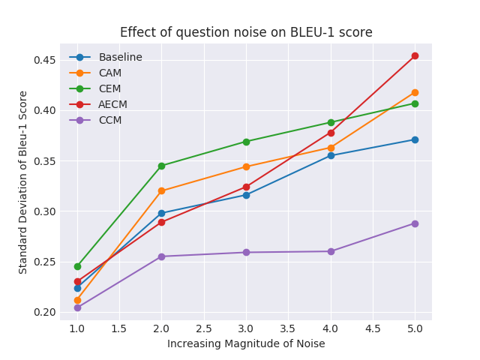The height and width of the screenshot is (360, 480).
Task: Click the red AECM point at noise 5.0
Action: point(415,55)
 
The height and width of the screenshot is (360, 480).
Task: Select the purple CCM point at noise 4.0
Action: point(331,251)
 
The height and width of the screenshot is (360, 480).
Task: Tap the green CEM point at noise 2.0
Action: point(162,166)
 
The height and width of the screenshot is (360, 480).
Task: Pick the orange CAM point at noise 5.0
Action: point(415,92)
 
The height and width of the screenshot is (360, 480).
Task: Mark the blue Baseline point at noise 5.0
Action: point(415,140)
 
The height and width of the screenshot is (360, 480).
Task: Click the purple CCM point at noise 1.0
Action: point(77,307)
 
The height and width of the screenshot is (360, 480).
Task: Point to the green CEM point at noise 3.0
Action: point(247,142)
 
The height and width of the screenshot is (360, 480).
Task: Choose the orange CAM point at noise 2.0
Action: point(162,191)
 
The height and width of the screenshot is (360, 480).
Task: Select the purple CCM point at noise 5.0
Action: point(415,223)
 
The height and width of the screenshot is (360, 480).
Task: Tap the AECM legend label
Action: point(112,104)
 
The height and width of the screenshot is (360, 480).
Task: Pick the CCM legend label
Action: point(110,120)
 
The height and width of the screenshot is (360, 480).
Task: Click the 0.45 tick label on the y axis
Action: point(45,60)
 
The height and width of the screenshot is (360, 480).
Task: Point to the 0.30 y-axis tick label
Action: point(45,211)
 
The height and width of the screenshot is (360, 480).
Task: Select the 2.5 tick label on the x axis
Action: point(204,329)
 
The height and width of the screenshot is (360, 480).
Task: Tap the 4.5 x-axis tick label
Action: point(373,329)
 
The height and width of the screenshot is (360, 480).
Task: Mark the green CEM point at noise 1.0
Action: point(77,267)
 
